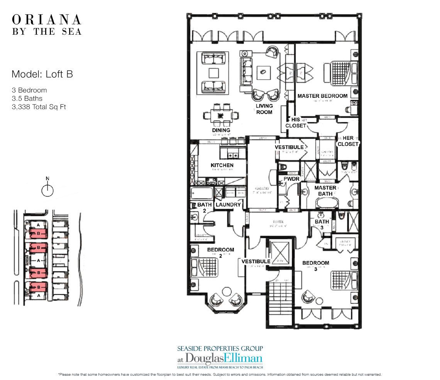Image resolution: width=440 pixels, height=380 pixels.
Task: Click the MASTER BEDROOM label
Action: (322, 96)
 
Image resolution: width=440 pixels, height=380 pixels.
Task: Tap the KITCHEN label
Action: (222, 165)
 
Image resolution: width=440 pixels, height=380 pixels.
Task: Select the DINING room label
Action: (221, 130)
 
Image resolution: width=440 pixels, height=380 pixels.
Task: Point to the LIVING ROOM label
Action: (264, 109)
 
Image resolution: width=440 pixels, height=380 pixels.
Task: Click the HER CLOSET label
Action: (348, 141)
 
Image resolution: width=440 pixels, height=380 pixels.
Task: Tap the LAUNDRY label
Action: (228, 205)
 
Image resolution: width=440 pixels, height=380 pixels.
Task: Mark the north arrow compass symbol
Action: (47, 189)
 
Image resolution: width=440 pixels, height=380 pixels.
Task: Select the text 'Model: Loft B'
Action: (42, 74)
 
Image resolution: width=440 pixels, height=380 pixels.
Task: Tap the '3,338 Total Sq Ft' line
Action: (39, 107)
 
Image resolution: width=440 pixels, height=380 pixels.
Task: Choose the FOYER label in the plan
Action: (278, 222)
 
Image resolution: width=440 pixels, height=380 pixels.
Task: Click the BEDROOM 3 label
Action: (316, 266)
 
